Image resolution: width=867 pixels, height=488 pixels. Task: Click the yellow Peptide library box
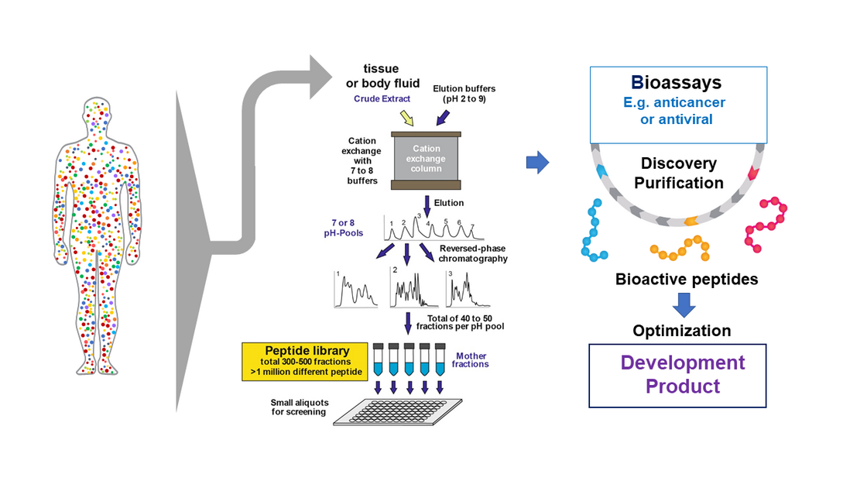[x=305, y=361]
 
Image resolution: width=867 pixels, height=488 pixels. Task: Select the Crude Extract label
[x=382, y=99]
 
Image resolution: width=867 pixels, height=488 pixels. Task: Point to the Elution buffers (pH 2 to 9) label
[x=464, y=94]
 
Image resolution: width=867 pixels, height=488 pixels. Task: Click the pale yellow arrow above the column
[x=406, y=118]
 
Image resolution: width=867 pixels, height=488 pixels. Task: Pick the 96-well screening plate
[x=398, y=411]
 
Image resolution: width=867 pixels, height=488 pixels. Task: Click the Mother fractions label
[x=471, y=360]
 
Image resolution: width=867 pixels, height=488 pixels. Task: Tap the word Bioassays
[x=676, y=82]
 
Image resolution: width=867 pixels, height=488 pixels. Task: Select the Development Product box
[x=677, y=376]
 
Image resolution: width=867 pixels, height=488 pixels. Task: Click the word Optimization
[x=682, y=331]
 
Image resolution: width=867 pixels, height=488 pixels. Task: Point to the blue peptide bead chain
[x=594, y=232]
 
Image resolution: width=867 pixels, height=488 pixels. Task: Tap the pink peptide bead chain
[x=766, y=224]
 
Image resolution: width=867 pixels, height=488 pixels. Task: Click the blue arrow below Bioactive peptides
[x=684, y=304]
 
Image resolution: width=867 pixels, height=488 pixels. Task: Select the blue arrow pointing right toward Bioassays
[x=537, y=163]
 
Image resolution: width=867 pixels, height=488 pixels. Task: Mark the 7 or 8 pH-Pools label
[x=344, y=228]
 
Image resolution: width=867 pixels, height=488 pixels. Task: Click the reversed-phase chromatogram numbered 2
[x=414, y=287]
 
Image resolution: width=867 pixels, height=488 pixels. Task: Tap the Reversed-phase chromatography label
[x=473, y=253]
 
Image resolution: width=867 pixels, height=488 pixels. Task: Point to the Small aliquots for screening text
[x=299, y=407]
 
